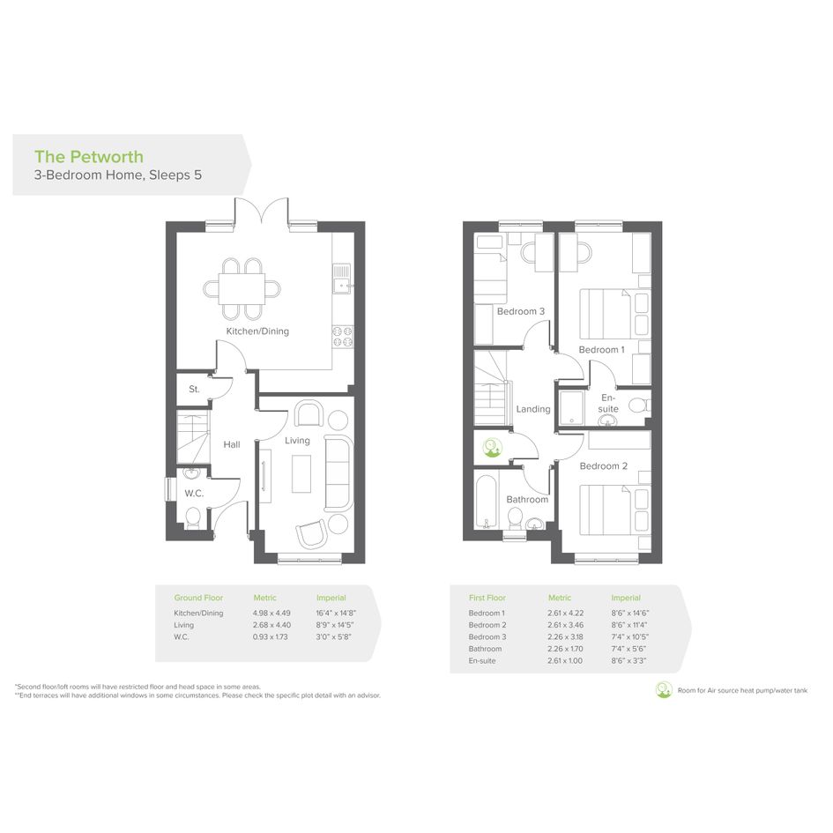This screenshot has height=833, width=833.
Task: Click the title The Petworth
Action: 89,157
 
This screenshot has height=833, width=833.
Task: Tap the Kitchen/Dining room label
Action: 257,331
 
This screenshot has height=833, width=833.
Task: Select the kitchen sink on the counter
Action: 342,279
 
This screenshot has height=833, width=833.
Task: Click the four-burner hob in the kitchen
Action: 343,336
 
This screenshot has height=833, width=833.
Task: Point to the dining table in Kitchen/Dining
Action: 242,289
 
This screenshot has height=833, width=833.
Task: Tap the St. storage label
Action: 195,390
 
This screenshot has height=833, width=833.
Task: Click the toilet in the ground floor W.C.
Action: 192,517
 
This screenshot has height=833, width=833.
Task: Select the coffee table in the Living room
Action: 301,474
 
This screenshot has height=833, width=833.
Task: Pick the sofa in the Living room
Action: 338,472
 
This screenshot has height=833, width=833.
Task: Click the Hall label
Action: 232,444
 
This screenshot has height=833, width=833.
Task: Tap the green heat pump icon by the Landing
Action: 492,448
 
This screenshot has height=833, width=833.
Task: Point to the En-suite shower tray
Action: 571,408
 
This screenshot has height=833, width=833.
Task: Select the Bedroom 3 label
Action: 521,311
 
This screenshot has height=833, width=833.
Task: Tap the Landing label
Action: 533,409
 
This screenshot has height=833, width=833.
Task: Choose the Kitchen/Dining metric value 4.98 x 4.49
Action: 271,613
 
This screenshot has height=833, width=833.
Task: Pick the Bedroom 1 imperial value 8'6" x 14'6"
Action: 630,613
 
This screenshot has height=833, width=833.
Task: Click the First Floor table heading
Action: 487,598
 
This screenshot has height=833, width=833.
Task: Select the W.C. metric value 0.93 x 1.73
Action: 270,636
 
